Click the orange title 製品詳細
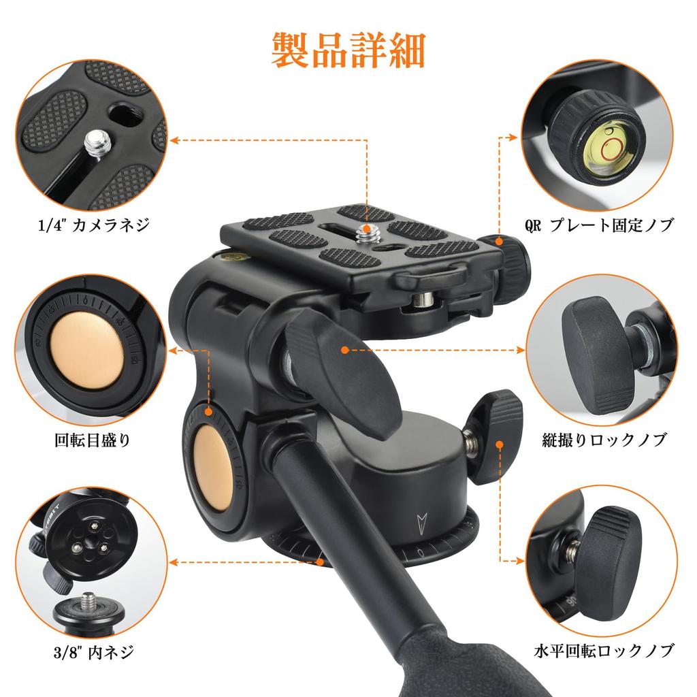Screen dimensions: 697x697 click(348, 50)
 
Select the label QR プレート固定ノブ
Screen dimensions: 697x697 click(599, 225)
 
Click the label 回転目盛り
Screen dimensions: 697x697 click(92, 440)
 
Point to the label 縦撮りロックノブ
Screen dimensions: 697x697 click(604, 440)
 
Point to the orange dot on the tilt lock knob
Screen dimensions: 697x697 click(345, 350)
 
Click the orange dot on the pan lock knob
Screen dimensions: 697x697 click(500, 445)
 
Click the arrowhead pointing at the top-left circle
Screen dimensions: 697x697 click(174, 141)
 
